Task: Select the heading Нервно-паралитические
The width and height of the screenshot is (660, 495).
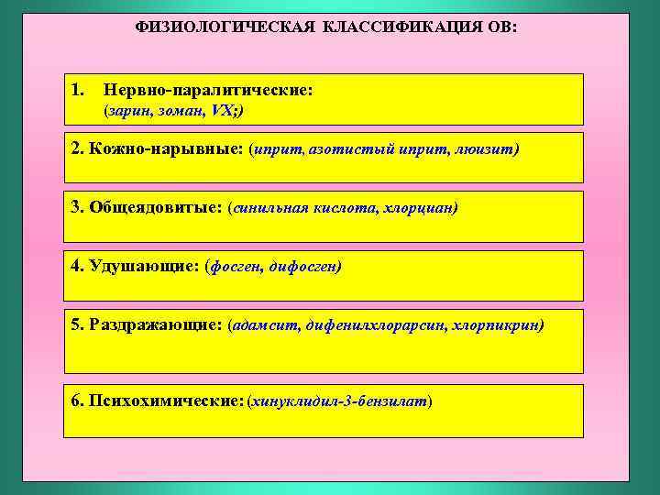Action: click(x=208, y=91)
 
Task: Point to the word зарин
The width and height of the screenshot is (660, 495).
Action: click(x=127, y=111)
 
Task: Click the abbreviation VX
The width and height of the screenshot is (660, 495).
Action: click(x=221, y=111)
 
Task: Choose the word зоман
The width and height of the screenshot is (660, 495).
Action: click(x=179, y=111)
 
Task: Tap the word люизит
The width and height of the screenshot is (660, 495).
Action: click(x=485, y=148)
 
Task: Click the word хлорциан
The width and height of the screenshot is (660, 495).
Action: click(x=422, y=208)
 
